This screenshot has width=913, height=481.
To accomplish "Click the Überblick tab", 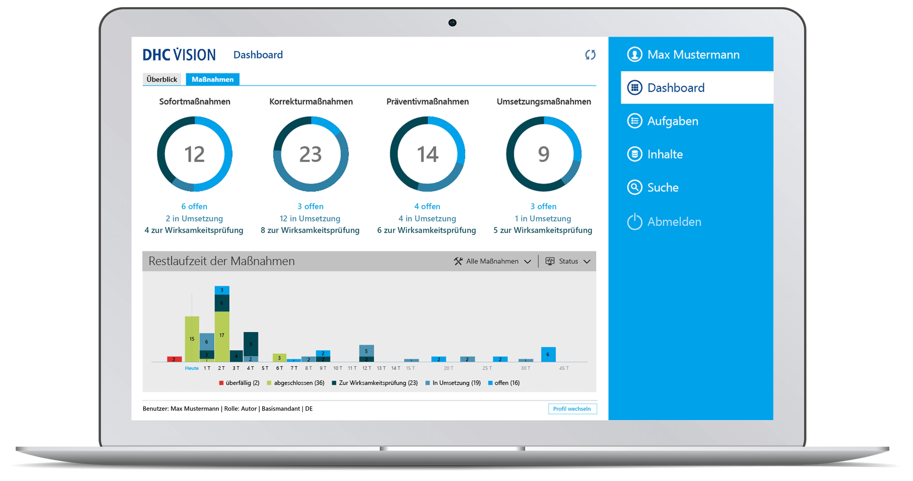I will [162, 79].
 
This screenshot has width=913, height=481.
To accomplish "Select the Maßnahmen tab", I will [213, 79].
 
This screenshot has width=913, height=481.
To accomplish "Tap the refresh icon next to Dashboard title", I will [590, 55].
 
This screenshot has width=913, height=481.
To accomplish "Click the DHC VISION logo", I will [179, 55].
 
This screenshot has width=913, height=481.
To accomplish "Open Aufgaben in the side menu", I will [672, 121].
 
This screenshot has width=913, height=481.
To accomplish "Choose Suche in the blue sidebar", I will [662, 188].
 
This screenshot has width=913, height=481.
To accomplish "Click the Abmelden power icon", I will [635, 221].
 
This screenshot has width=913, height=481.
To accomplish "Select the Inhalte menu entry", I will [664, 154].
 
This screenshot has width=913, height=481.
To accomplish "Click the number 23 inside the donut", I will [311, 154].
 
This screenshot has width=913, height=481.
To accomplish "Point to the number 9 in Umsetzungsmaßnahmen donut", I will [544, 154].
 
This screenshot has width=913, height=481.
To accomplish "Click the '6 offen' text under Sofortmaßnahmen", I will [194, 206].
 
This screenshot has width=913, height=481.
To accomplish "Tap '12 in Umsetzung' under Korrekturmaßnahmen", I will [310, 219].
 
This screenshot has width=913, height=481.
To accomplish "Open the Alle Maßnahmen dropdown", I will [493, 261].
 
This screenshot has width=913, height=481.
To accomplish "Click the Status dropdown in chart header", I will [568, 261].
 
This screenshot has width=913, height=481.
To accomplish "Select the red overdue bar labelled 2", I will [174, 359].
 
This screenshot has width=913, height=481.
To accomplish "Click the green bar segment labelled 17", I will [222, 336].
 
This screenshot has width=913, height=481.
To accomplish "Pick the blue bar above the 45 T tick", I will [548, 354].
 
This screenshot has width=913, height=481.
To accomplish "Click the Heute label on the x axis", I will [192, 368].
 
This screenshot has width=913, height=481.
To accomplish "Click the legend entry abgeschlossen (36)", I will [296, 383].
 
